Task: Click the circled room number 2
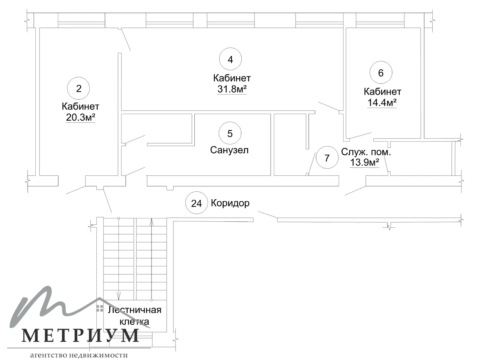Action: point(79,88)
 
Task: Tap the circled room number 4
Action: point(230,59)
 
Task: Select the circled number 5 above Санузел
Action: point(230,133)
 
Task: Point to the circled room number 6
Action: point(381,73)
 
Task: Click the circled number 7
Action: point(327,157)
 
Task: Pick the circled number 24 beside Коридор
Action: point(196,203)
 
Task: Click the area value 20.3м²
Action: point(81,117)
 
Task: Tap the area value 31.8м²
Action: point(232,89)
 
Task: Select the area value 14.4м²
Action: point(382,103)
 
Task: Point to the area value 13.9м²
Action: point(364,162)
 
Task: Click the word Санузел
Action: point(229,150)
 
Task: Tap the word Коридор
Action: point(230,203)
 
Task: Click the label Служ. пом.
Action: point(366,152)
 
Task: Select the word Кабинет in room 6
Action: point(382,91)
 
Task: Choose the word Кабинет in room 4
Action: point(232,78)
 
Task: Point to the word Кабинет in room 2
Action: point(80,106)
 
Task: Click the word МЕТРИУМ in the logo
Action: point(80,335)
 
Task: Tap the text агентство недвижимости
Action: point(79,355)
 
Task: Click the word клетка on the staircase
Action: point(134,322)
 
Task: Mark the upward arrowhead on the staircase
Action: point(152,222)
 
